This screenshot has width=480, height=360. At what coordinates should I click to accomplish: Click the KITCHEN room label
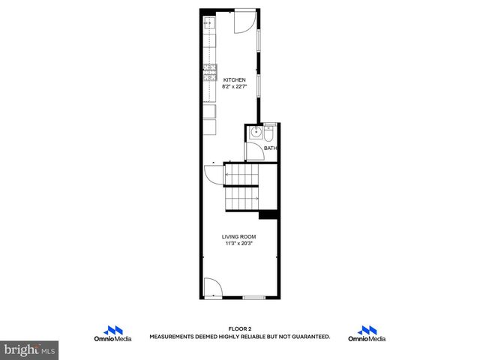(233, 79)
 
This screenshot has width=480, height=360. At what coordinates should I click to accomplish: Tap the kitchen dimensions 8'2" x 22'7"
(233, 85)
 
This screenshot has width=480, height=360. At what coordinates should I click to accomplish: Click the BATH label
(271, 148)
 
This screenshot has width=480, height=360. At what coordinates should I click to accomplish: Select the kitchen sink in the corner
(209, 23)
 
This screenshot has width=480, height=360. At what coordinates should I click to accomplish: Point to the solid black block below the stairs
(268, 214)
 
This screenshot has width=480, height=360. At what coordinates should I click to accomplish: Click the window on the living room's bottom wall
(253, 298)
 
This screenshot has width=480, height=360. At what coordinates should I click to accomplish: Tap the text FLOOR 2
(239, 329)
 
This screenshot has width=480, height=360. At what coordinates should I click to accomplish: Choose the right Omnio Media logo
(367, 334)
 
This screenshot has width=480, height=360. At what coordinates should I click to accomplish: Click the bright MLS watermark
(30, 350)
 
